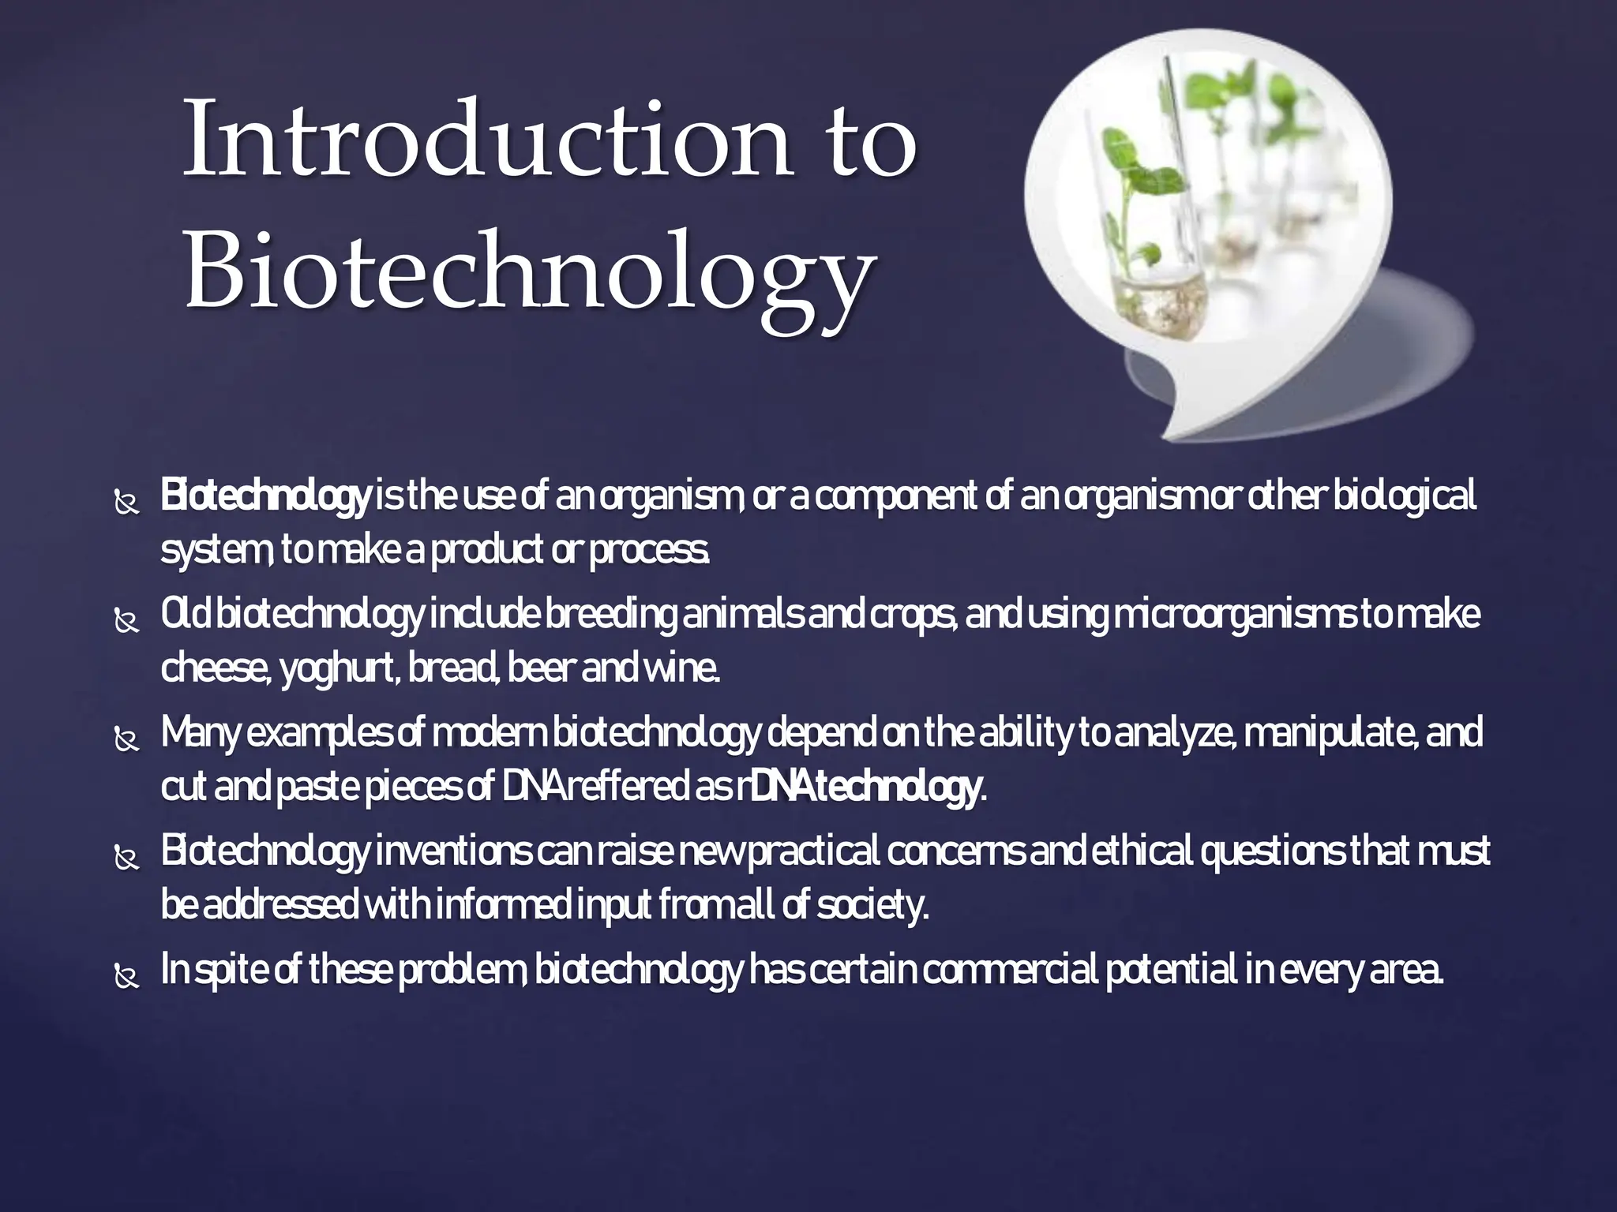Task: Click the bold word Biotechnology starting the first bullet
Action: tap(264, 498)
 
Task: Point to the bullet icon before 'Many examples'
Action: tap(126, 741)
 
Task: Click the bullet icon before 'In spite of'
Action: tap(126, 978)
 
